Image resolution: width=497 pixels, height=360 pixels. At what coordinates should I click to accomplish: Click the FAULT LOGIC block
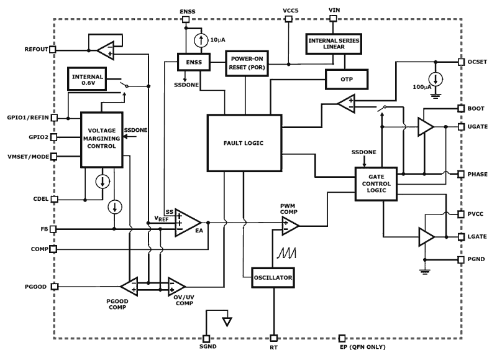(x=244, y=142)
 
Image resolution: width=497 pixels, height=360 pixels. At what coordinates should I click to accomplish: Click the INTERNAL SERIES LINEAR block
(x=334, y=44)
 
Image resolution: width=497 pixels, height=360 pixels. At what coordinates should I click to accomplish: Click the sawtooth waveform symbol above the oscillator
(x=286, y=253)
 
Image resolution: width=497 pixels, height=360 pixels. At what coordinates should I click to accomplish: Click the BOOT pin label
(x=476, y=108)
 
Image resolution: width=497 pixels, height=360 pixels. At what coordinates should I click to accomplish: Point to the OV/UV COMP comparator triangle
(x=176, y=287)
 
